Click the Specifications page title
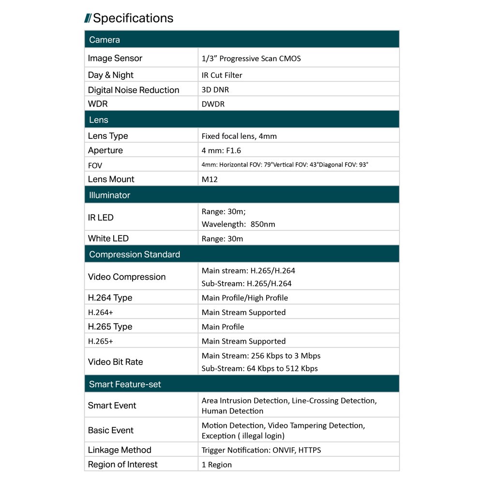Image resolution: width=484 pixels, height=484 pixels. pos(133,18)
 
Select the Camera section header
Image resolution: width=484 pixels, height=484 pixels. pos(105,40)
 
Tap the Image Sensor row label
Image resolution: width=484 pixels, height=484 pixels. pos(115,58)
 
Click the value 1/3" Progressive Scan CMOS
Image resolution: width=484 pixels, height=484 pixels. pos(251,59)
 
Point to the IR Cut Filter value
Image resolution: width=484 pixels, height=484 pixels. pos(222,75)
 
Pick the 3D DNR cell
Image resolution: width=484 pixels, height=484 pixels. pos(215,90)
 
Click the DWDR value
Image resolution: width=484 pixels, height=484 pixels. pos(213,104)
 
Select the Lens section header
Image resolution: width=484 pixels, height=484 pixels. pos(99,120)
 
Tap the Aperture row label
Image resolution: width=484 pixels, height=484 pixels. pos(106,150)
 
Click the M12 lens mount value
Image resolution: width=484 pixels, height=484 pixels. pos(210,179)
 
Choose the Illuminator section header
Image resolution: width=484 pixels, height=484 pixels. pos(109,195)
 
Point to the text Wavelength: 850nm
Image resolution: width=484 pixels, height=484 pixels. pos(238,224)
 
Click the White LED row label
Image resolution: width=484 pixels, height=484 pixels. pos(108,238)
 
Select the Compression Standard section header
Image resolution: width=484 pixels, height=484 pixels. pos(135,254)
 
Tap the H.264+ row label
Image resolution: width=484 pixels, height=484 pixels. pos(101,312)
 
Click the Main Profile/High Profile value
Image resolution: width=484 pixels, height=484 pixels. pos(245,298)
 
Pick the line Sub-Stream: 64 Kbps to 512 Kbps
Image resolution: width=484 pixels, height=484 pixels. pos(260,368)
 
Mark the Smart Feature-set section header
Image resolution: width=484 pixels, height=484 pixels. pos(125,384)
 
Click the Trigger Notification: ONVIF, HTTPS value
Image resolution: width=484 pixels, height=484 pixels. pos(261,450)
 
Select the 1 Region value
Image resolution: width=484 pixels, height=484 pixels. pos(217,465)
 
